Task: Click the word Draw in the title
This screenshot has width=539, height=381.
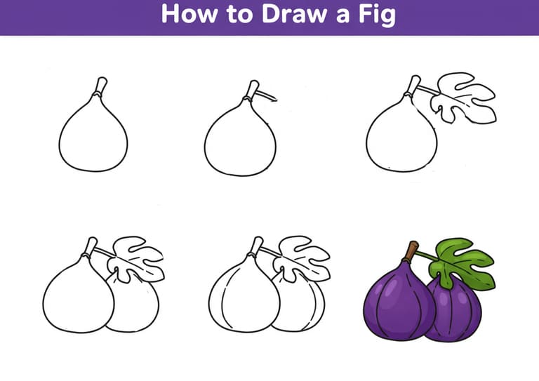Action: (294, 14)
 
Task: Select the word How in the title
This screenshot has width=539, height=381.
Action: (189, 14)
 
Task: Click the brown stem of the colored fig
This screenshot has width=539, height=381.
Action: (411, 251)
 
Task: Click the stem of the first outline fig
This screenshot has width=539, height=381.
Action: (100, 86)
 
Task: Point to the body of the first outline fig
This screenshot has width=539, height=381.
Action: (93, 138)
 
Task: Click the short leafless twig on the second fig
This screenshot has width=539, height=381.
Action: (267, 95)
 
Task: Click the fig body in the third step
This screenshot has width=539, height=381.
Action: (401, 139)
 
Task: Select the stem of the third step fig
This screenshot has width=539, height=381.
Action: (413, 85)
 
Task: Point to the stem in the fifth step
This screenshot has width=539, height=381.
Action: (256, 246)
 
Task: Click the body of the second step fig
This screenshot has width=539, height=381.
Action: (240, 141)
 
